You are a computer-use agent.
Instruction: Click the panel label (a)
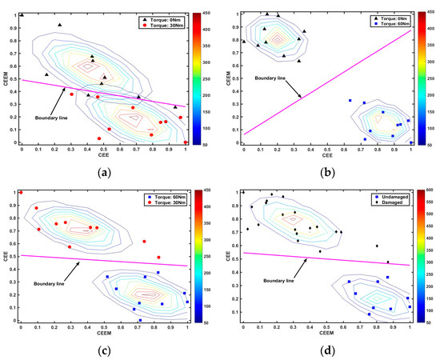(x=104, y=172)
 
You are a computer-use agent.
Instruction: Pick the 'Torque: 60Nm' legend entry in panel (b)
(x=380, y=25)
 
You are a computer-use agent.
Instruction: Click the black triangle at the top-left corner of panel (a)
(x=22, y=14)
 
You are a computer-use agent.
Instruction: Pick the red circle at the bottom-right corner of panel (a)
(x=186, y=142)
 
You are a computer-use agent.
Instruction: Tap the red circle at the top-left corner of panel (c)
(x=21, y=192)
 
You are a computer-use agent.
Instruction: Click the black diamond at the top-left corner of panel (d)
(x=243, y=192)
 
